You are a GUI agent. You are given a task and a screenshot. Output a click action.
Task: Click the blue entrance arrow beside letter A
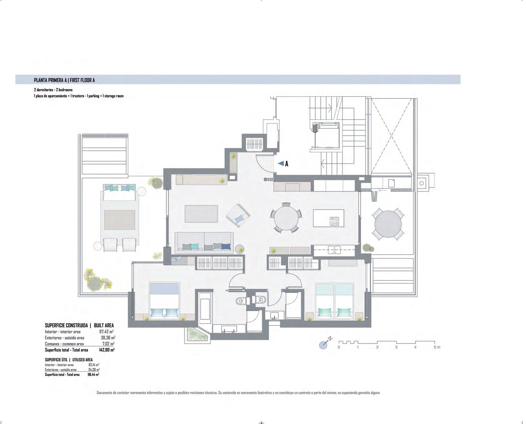pos(281,163)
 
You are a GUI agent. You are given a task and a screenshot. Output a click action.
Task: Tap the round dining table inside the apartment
pos(286,218)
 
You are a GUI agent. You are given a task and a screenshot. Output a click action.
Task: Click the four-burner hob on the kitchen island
pos(334,221)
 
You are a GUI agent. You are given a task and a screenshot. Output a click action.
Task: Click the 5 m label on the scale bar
pos(437,347)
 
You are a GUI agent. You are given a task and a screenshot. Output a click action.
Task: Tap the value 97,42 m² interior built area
pos(106,331)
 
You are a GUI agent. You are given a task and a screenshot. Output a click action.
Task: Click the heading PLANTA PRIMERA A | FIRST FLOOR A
pos(64,80)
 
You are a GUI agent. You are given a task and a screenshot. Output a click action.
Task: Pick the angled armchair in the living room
pos(239,215)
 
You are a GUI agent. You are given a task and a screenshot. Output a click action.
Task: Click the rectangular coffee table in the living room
pos(201,214)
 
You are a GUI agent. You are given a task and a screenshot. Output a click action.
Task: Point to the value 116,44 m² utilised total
pos(93,374)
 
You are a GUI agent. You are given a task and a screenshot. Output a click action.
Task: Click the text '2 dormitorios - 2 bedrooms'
pos(53,90)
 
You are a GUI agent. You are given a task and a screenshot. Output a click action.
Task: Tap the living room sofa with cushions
pos(204,243)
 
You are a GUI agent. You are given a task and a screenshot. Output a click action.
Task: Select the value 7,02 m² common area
pos(108,344)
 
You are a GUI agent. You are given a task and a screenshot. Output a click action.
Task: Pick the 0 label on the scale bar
pos(339,347)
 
